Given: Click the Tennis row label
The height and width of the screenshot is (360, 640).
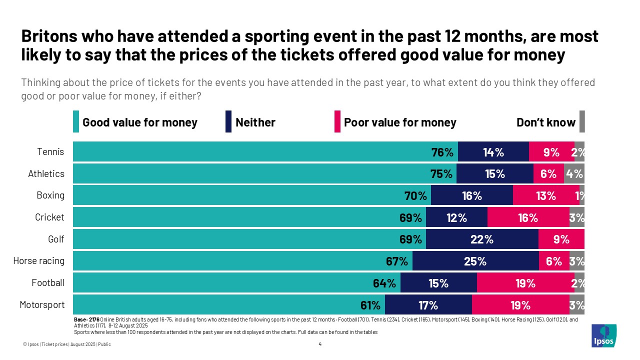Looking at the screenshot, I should point(51,151).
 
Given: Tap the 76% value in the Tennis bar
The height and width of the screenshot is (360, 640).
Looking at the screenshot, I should point(442,152).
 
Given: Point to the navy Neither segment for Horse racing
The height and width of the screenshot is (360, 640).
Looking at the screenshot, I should point(475,261).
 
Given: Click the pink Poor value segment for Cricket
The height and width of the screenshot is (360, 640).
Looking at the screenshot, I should point(528,217).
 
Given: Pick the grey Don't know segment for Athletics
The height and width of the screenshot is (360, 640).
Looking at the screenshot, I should point(574,174).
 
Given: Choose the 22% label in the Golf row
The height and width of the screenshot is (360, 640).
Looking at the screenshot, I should point(482,239).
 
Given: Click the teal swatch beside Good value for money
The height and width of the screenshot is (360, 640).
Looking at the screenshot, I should point(76,122).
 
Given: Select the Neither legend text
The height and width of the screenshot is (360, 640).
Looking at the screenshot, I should point(255,122).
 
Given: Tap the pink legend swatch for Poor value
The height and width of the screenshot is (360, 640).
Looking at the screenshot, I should point(337,122).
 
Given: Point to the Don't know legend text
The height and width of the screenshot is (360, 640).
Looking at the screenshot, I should point(545,122).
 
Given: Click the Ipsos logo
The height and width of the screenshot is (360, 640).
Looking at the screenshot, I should point(604,335).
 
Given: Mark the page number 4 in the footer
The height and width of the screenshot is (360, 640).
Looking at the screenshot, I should point(320,344).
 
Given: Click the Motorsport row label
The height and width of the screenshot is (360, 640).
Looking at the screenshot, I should point(42,304).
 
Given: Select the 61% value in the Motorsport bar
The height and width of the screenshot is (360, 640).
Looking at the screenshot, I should point(370,305).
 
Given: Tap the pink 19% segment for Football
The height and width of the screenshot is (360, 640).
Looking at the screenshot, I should point(525,283).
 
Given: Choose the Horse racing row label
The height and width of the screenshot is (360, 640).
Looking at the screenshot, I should point(38,261).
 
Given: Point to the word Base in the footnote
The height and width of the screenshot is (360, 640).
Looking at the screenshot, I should point(80,319).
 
